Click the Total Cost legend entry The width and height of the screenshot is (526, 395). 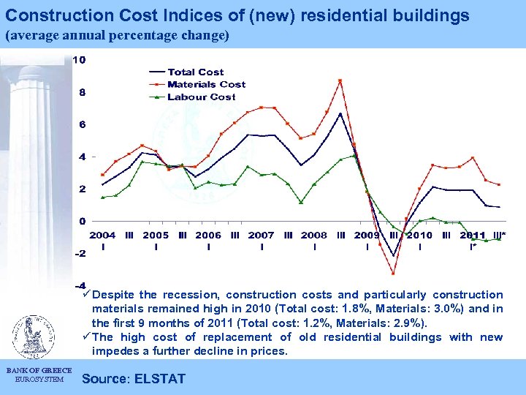click(195, 72)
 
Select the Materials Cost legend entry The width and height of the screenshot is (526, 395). click(206, 84)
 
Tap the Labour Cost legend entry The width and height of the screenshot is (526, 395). click(201, 97)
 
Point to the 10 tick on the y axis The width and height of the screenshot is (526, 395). click(78, 59)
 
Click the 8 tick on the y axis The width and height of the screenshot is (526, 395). click(82, 92)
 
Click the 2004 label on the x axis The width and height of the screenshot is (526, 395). click(102, 236)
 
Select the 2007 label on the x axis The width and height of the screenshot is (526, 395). click(261, 236)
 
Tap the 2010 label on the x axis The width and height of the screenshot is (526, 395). click(419, 236)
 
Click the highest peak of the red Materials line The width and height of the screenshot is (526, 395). click(340, 80)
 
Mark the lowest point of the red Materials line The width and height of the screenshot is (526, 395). click(393, 274)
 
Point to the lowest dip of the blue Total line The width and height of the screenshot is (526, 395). click(393, 256)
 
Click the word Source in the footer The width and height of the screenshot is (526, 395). click(106, 379)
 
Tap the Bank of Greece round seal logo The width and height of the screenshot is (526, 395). click(31, 336)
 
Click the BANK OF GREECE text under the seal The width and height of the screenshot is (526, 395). click(39, 370)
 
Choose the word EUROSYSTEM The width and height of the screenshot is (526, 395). click(39, 379)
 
